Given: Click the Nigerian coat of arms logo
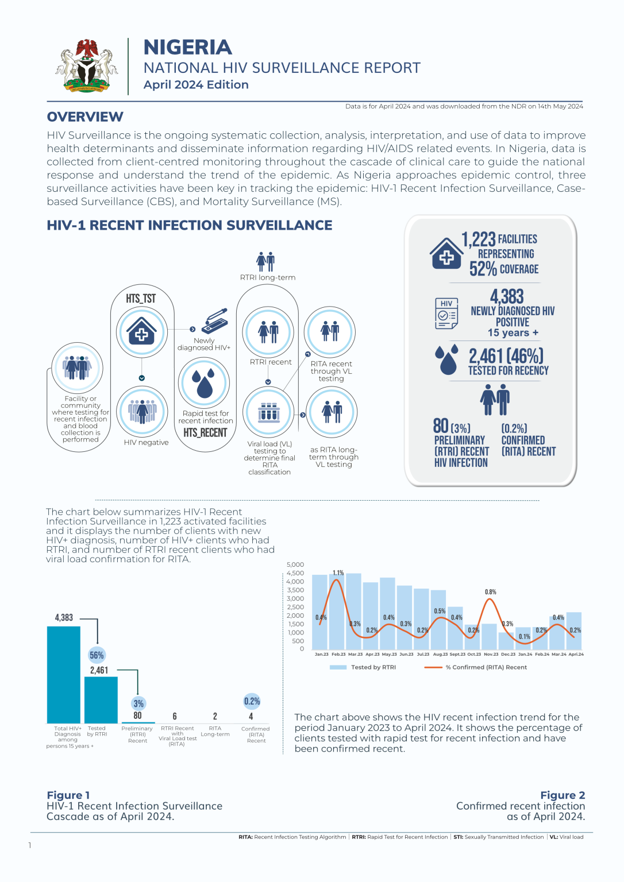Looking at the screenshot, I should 86,65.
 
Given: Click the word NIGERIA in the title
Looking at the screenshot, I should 187,47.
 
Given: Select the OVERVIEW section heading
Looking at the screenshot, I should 85,117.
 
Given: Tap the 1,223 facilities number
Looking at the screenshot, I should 478,239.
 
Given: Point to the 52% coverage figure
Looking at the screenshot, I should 483,269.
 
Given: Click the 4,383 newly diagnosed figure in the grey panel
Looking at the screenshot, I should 507,296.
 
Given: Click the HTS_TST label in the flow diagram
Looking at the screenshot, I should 141,299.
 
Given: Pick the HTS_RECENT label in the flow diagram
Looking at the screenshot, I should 205,432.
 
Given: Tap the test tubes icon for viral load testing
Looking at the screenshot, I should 268,412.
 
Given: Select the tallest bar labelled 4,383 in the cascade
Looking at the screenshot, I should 63,674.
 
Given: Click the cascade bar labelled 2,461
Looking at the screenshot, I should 101,699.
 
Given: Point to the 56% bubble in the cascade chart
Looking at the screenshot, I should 97,655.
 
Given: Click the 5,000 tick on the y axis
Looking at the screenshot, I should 295,564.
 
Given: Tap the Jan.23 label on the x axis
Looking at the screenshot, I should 321,654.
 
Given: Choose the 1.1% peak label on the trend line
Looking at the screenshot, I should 338,573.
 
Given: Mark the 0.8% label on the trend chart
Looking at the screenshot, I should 490,592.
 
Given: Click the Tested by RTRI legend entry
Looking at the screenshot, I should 363,667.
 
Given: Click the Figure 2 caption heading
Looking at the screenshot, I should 562,795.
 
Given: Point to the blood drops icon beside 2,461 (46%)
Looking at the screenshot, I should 446,359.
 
